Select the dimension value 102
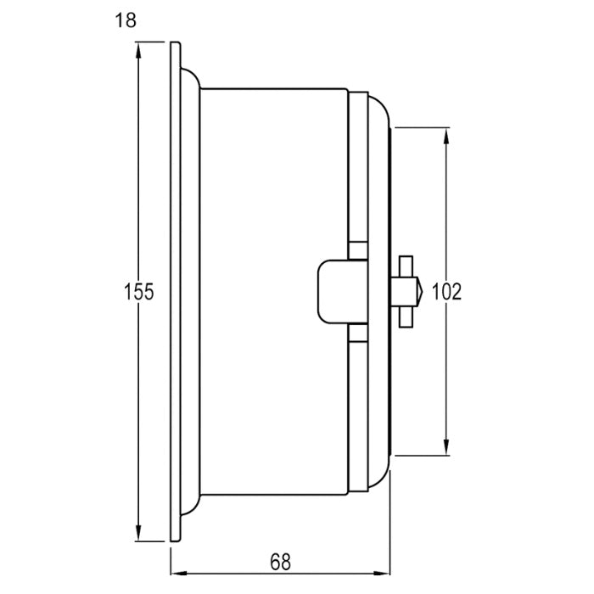point(446,292)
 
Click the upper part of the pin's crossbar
point(406,262)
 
